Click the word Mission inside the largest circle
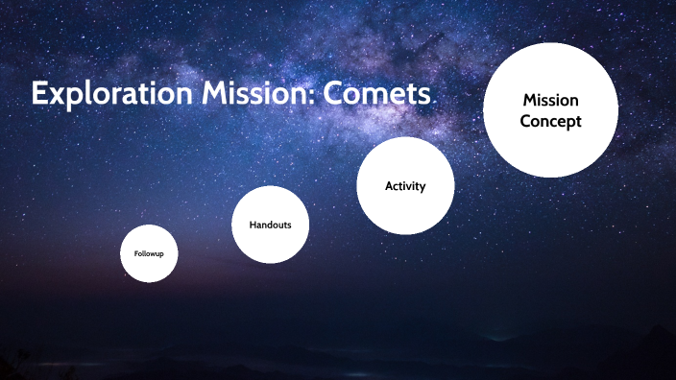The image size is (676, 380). click(x=550, y=100)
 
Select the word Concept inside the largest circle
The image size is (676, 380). click(x=550, y=122)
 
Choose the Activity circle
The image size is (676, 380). click(x=404, y=185)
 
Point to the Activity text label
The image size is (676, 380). click(x=404, y=185)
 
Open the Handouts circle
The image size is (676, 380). click(x=270, y=224)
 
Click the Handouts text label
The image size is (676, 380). click(x=270, y=224)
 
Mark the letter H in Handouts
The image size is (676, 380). click(x=253, y=224)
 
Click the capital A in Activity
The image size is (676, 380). click(x=389, y=185)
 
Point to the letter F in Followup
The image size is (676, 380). click(x=136, y=253)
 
